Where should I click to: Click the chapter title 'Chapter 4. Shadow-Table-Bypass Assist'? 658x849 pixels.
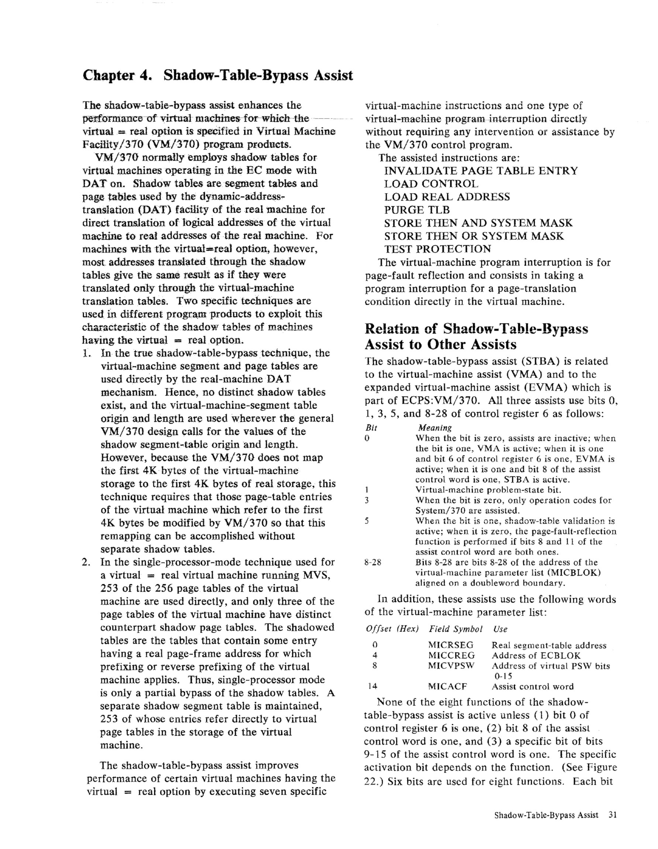point(218,75)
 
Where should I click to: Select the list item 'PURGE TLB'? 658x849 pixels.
point(417,210)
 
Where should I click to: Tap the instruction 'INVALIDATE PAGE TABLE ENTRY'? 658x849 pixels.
point(481,171)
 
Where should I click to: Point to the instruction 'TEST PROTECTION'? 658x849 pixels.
point(437,249)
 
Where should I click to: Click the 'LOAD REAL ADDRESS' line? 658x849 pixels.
point(447,197)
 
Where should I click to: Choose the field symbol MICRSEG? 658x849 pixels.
point(451,645)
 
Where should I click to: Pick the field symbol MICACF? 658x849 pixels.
point(447,687)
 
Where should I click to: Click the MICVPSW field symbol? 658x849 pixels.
point(451,666)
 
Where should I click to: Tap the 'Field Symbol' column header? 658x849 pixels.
point(456,629)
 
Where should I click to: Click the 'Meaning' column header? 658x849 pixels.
point(435,428)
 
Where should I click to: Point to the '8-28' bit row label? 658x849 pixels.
point(373,562)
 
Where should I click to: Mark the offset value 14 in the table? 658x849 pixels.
point(372,687)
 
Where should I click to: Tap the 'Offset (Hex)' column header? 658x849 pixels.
point(392,629)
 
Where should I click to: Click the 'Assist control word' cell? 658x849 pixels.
point(532,687)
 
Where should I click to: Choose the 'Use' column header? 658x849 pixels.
point(500,629)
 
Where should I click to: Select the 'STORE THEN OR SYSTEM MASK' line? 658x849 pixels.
point(474,236)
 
